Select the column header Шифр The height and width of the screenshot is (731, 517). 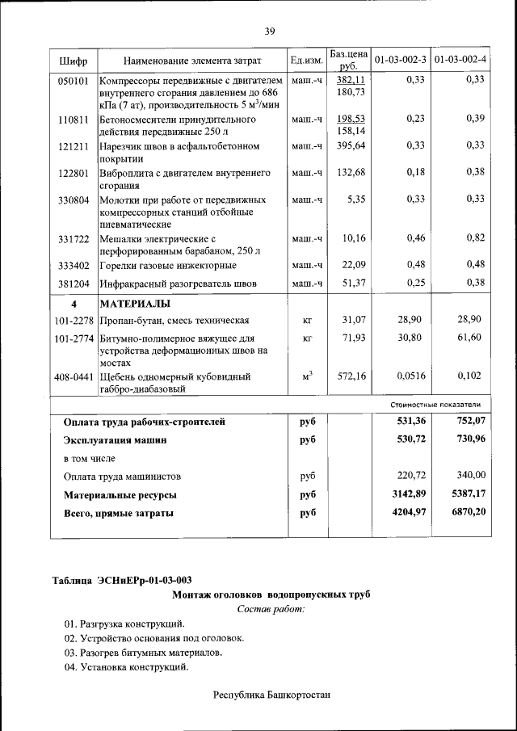pyautogui.click(x=74, y=61)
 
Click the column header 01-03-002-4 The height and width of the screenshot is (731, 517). pyautogui.click(x=460, y=61)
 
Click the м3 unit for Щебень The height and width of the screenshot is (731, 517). pyautogui.click(x=307, y=375)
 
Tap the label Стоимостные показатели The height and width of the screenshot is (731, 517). pyautogui.click(x=435, y=404)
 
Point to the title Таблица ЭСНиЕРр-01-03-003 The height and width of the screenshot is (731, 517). pyautogui.click(x=122, y=580)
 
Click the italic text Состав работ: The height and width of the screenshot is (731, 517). pyautogui.click(x=271, y=608)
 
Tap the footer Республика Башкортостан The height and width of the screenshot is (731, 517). pyautogui.click(x=271, y=695)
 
